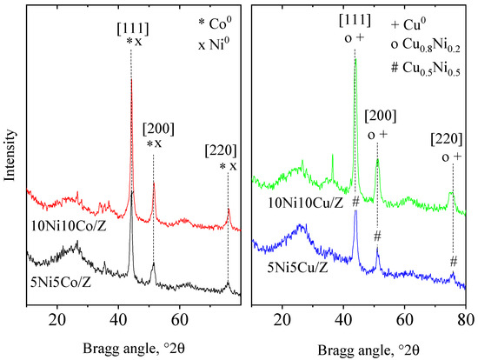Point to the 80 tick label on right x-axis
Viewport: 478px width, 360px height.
pos(466,319)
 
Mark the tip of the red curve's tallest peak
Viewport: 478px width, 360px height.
pos(131,78)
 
